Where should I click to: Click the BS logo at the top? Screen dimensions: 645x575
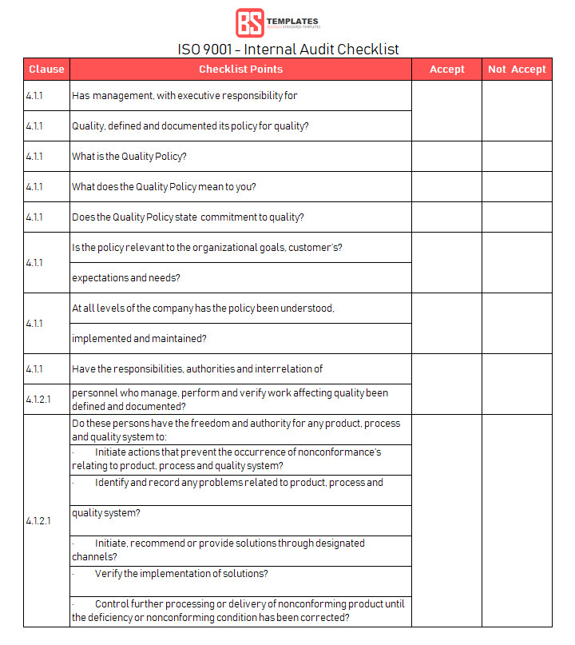pos(248,22)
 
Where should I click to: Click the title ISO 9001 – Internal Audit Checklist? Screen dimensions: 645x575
pos(288,49)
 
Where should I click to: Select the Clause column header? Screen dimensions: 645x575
pos(46,70)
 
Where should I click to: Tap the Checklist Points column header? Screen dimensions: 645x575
pos(240,70)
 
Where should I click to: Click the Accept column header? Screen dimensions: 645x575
pos(446,70)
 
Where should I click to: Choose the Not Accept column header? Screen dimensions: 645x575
pos(517,70)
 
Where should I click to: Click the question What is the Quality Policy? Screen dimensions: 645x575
pos(129,157)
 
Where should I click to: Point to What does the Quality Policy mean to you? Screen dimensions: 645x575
pos(164,187)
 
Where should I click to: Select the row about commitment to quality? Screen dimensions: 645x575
pos(188,217)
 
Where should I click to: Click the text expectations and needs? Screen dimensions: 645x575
pos(125,278)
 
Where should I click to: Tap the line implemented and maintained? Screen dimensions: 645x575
pos(140,339)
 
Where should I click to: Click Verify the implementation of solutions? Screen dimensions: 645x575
pos(181,574)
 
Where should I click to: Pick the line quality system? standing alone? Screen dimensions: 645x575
pos(106,513)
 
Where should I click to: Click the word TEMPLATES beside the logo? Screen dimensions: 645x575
pos(291,22)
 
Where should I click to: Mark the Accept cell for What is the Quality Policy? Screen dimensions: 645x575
pos(446,157)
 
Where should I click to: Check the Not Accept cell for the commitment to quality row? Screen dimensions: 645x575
pos(517,217)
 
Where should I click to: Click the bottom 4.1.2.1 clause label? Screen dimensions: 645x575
pos(38,521)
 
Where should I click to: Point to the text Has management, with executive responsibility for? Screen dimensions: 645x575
pos(184,96)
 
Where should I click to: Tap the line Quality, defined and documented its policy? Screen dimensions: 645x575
pos(190,126)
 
